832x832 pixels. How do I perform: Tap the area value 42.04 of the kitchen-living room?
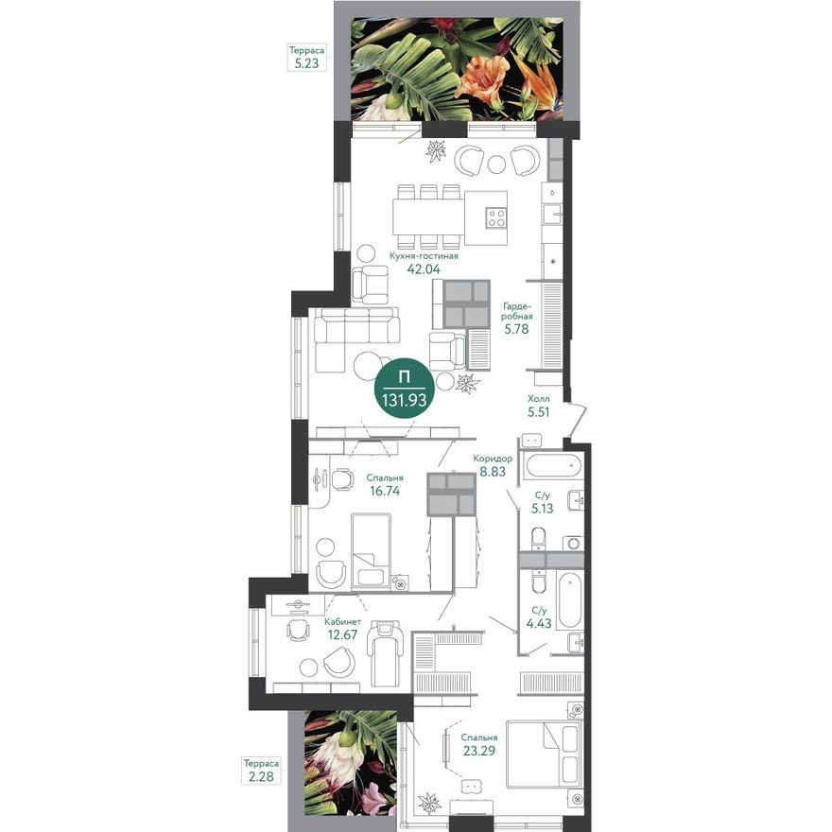[x=424, y=269]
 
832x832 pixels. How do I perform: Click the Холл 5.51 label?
[x=538, y=406]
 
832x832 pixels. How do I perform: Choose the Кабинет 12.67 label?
[x=341, y=628]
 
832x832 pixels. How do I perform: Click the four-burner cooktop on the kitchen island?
[x=495, y=218]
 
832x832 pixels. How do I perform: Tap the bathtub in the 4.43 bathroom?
[x=570, y=599]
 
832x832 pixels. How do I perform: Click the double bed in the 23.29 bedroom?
[x=543, y=754]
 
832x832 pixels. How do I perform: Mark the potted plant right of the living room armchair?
[x=467, y=382]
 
